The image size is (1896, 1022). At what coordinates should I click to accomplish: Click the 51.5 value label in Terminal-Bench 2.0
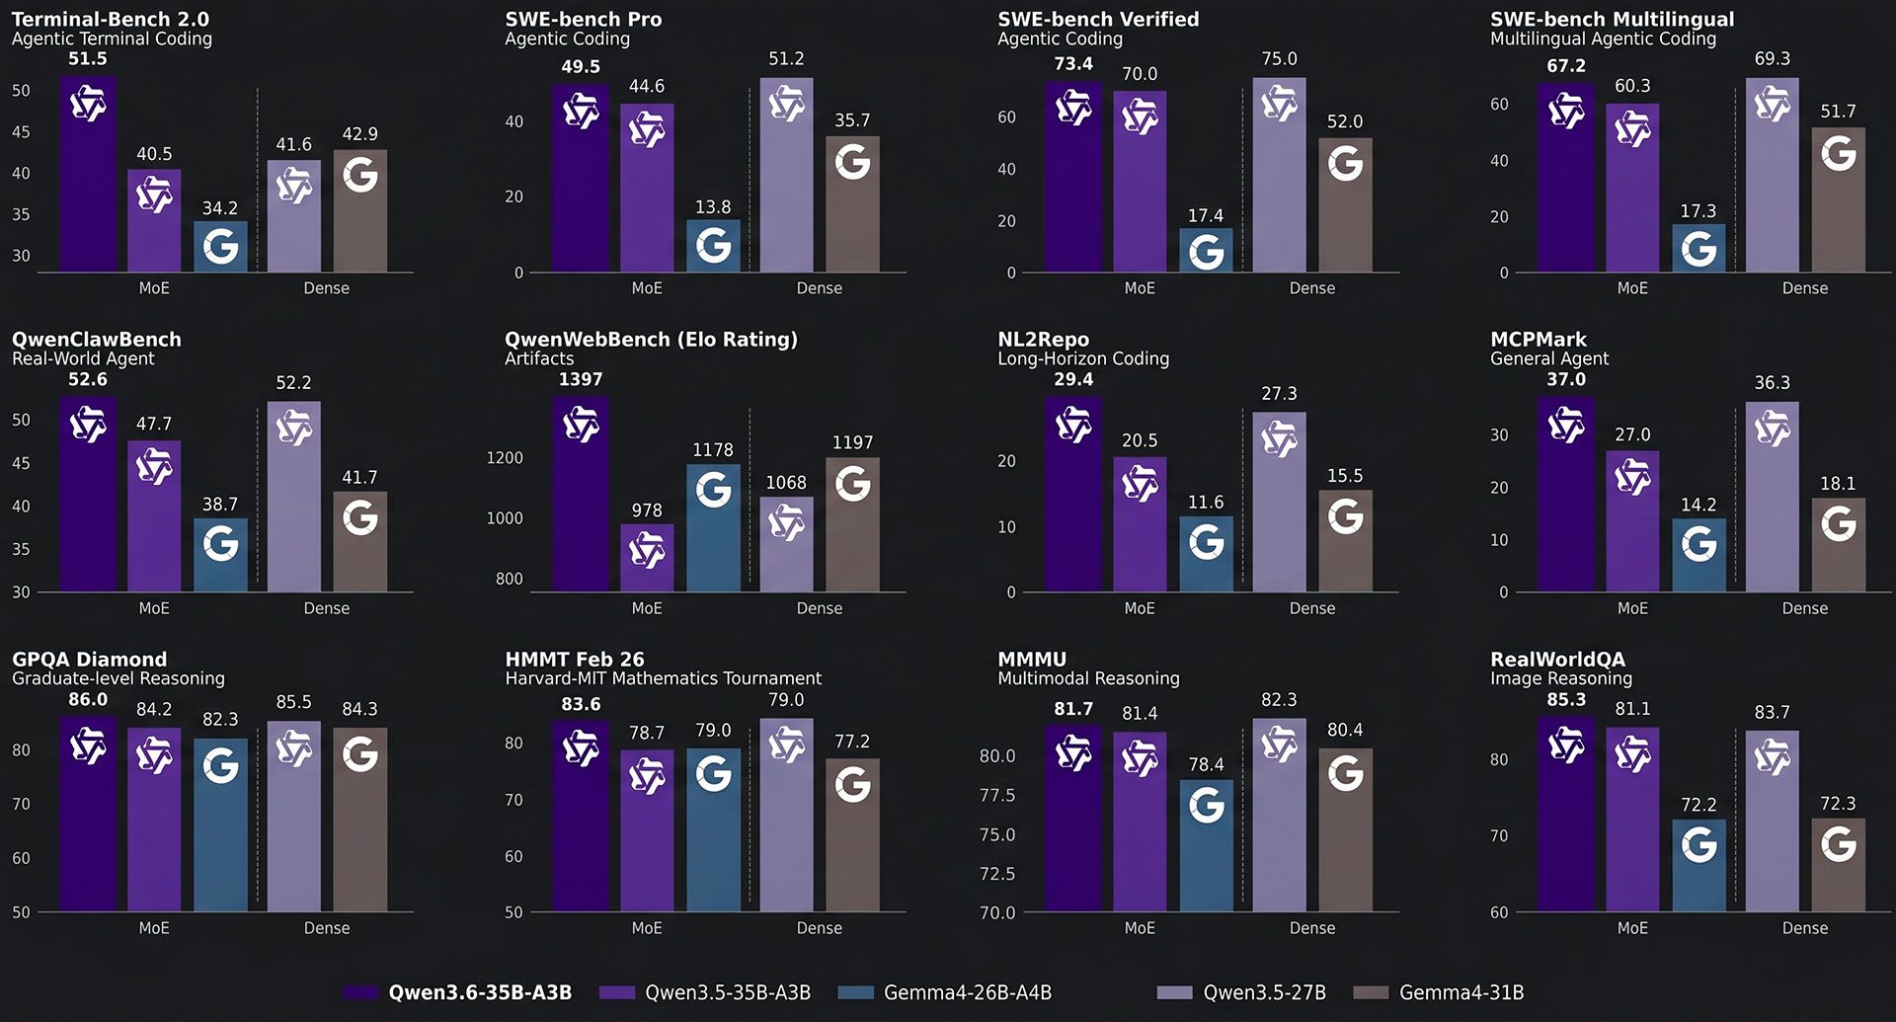87,59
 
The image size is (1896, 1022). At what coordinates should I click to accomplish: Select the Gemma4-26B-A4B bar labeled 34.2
220,247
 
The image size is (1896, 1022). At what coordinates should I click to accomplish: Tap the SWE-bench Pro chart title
583,19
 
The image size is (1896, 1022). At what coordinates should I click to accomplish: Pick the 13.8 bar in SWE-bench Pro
713,247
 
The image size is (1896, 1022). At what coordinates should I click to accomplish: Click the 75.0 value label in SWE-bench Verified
1279,59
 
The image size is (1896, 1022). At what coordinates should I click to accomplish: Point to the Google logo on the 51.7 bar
1838,153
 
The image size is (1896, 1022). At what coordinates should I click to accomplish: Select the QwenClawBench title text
97,339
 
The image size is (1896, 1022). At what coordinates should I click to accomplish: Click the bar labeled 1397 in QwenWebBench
581,494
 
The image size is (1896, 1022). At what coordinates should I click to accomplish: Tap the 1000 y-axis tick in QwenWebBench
505,518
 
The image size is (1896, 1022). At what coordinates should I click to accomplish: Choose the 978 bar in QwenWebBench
647,559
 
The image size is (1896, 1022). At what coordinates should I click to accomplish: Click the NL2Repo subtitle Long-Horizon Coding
1083,358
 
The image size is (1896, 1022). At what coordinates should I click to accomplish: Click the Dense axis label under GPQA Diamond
327,928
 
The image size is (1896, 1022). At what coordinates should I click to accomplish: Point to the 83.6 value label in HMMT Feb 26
581,704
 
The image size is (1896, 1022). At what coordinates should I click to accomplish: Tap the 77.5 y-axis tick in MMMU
996,795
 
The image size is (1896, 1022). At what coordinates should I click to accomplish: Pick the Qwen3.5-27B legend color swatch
1174,992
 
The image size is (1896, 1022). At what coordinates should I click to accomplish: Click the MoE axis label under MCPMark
1632,608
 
